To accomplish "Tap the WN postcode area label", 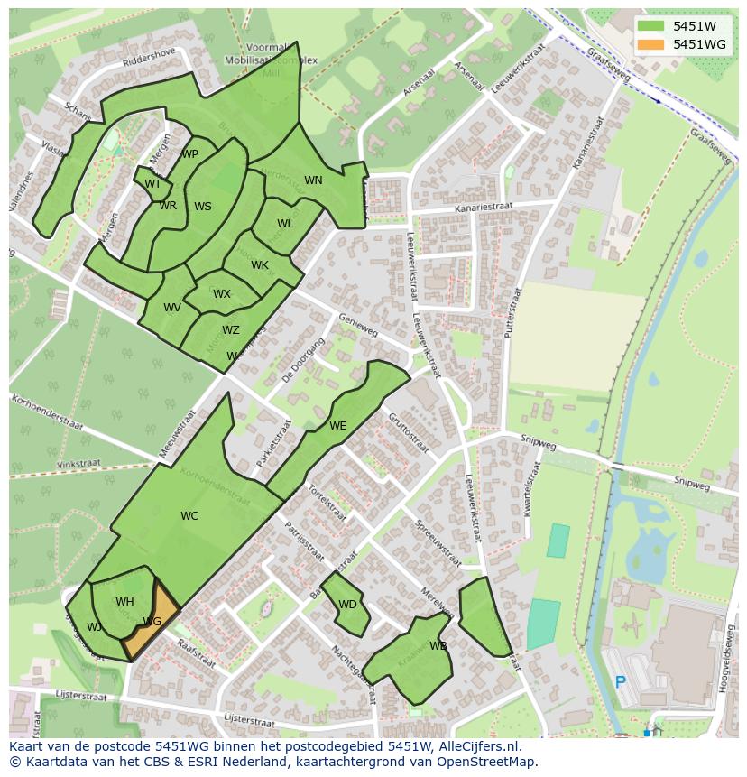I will point(313,180).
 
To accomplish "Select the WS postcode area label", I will point(203,207).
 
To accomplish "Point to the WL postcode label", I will point(285,224).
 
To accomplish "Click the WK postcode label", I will point(260,265).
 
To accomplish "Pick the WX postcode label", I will point(222,294).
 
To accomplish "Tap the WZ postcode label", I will point(231,330).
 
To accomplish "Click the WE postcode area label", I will point(337,426).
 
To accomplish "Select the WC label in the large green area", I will point(189,516).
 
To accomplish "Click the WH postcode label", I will point(124,602).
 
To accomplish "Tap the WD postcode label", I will point(347,605).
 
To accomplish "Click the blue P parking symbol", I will point(620,682).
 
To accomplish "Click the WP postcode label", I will point(189,154).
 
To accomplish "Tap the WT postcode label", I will point(152,184).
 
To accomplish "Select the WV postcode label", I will point(172,308).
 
